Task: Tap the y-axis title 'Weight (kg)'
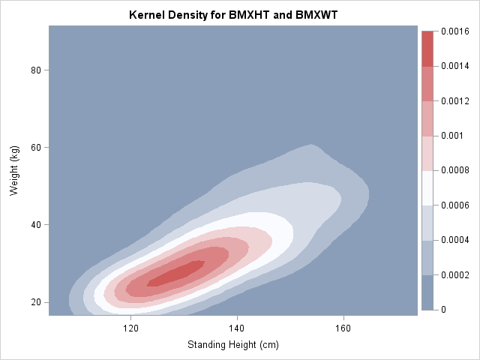coord(15,171)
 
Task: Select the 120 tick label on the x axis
coord(130,328)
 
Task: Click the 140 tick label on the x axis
coord(237,328)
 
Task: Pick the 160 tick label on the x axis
coord(343,328)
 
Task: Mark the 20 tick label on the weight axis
coord(34,302)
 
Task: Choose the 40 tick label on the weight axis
coord(34,225)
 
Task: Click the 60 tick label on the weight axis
coord(34,147)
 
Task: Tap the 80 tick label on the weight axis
coord(34,70)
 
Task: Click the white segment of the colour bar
coord(427,187)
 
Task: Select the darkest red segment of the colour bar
coord(427,49)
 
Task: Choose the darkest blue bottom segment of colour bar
coord(427,292)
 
